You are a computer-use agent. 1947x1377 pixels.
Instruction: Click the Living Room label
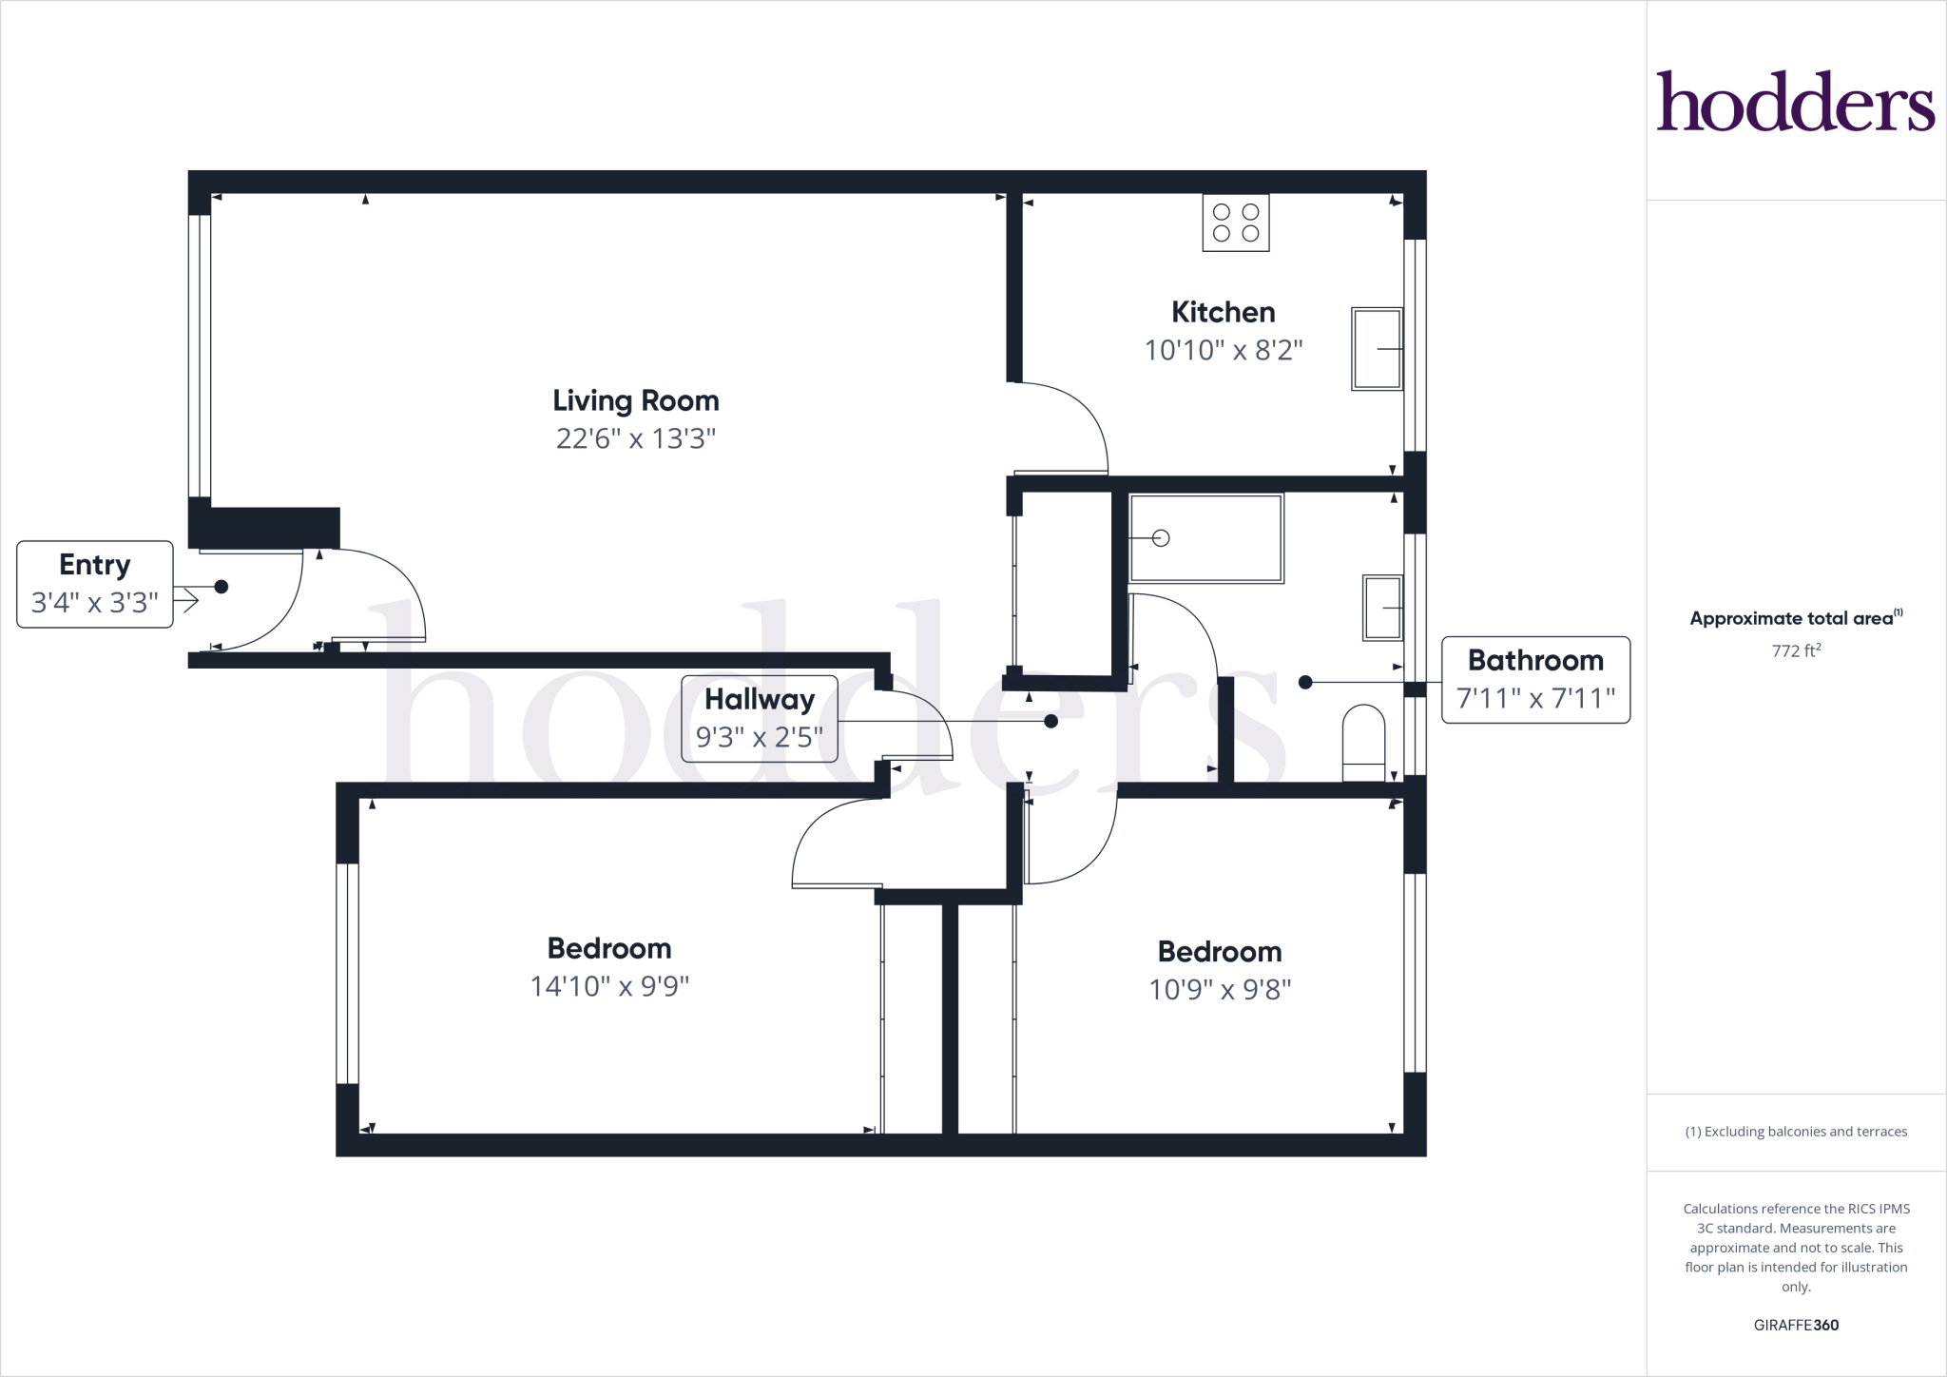635,400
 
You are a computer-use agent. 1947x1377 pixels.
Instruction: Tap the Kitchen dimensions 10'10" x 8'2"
1223,350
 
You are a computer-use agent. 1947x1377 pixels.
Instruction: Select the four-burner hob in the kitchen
1235,223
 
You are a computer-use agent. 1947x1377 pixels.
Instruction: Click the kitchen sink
1377,349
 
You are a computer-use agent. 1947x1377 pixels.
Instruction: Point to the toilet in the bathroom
1363,743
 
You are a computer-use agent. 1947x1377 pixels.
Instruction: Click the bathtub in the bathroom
1205,538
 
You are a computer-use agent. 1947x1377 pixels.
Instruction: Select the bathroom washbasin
1382,608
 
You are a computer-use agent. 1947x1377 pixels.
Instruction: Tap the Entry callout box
95,584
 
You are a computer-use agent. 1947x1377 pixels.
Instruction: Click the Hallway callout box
760,719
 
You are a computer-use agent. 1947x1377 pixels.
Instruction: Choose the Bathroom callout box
1535,680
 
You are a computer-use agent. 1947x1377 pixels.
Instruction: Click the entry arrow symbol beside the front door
186,600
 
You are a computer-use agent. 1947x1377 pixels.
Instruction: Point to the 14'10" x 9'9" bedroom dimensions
609,986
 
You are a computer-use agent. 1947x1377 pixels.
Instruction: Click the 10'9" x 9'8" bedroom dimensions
1220,990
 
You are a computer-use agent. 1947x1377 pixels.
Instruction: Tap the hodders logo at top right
1795,101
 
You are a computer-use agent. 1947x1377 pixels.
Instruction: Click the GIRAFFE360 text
1796,1325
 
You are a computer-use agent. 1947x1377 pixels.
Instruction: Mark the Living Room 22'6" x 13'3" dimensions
635,438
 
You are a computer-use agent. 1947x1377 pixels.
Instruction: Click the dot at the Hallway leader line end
1051,722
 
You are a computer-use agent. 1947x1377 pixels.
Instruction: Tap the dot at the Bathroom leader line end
1305,682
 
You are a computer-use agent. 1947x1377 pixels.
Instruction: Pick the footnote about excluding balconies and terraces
1796,1132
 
